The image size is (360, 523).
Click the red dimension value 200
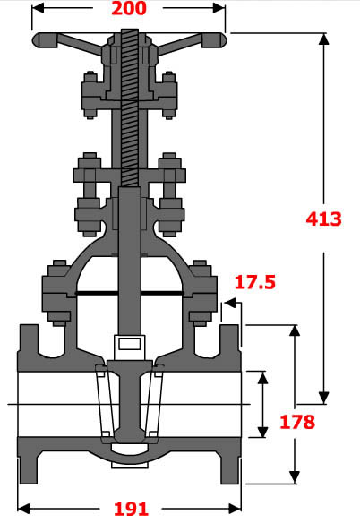click(131, 10)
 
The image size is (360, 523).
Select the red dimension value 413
click(323, 218)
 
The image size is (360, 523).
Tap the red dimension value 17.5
click(255, 283)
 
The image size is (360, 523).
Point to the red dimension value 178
click(296, 422)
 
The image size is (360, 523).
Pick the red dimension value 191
click(131, 509)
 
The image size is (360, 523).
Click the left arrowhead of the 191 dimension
click(23, 508)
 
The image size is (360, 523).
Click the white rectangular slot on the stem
click(128, 343)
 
